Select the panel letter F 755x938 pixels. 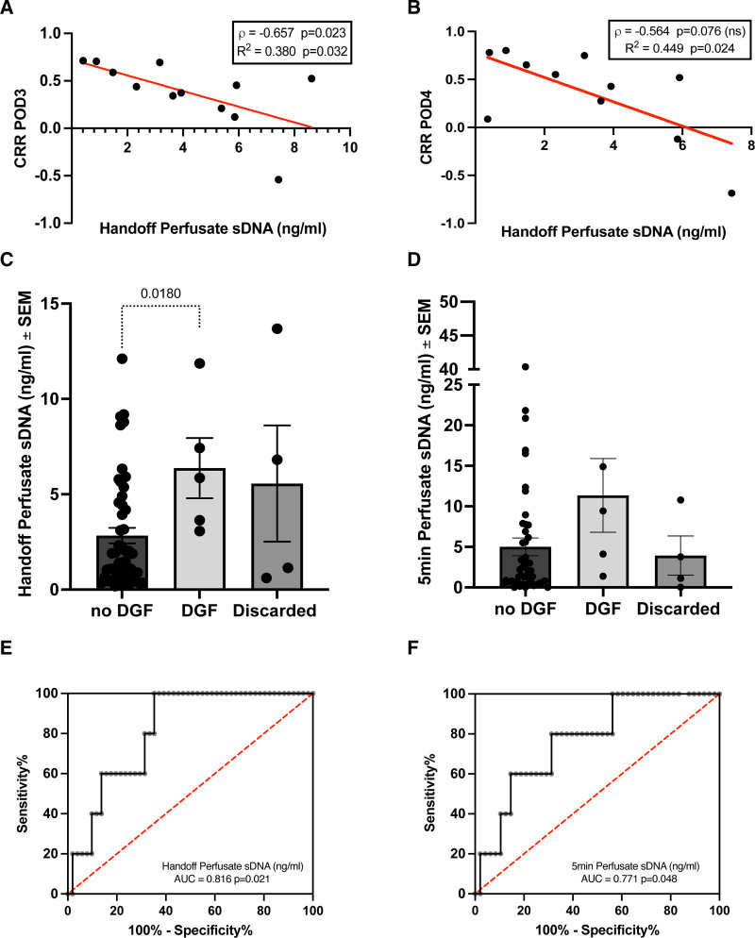tap(411, 648)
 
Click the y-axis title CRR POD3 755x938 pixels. tap(20, 129)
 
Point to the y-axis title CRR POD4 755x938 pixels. tap(426, 126)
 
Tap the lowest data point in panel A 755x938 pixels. tap(278, 179)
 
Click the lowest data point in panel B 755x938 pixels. tap(731, 193)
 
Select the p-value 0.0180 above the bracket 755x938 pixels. tap(160, 293)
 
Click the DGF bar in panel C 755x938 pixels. tap(199, 528)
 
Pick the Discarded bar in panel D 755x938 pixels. tap(680, 571)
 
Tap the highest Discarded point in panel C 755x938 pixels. tap(277, 328)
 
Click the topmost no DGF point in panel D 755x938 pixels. tap(526, 367)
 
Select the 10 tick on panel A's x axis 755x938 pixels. tap(350, 147)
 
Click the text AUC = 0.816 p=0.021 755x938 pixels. tap(222, 879)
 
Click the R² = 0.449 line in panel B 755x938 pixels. tap(679, 48)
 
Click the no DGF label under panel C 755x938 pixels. tap(122, 611)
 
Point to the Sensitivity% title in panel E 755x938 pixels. tap(22, 793)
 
